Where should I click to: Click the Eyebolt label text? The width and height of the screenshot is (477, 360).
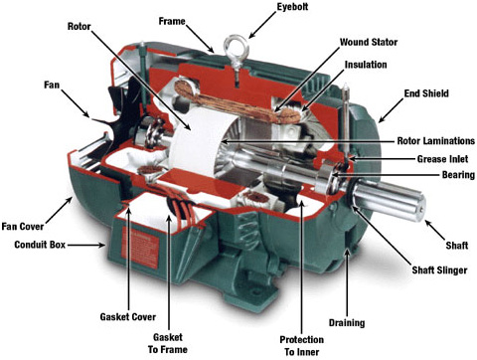pyautogui.click(x=292, y=7)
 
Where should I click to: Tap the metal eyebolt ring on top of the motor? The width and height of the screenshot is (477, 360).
pyautogui.click(x=237, y=47)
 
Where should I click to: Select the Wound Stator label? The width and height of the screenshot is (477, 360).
pyautogui.click(x=369, y=43)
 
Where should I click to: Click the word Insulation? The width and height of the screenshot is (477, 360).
pyautogui.click(x=366, y=65)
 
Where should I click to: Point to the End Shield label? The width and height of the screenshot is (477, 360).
pyautogui.click(x=426, y=93)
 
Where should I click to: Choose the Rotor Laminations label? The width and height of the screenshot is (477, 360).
pyautogui.click(x=436, y=141)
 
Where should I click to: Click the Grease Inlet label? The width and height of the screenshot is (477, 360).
pyautogui.click(x=442, y=159)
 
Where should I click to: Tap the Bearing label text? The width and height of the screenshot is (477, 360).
pyautogui.click(x=458, y=175)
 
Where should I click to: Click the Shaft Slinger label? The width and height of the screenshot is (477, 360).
pyautogui.click(x=439, y=270)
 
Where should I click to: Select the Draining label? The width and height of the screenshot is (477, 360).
pyautogui.click(x=347, y=323)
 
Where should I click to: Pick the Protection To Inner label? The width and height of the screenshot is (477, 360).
pyautogui.click(x=302, y=346)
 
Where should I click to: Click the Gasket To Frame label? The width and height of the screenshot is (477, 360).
pyautogui.click(x=168, y=343)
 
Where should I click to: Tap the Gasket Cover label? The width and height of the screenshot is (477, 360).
pyautogui.click(x=128, y=317)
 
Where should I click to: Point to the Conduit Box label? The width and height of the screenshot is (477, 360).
pyautogui.click(x=40, y=245)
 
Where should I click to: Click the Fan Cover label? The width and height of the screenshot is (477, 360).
pyautogui.click(x=23, y=227)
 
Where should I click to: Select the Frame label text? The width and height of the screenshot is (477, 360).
pyautogui.click(x=172, y=22)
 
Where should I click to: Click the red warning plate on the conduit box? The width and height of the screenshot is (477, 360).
pyautogui.click(x=140, y=248)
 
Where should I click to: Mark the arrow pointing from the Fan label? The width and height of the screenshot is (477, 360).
pyautogui.click(x=76, y=103)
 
